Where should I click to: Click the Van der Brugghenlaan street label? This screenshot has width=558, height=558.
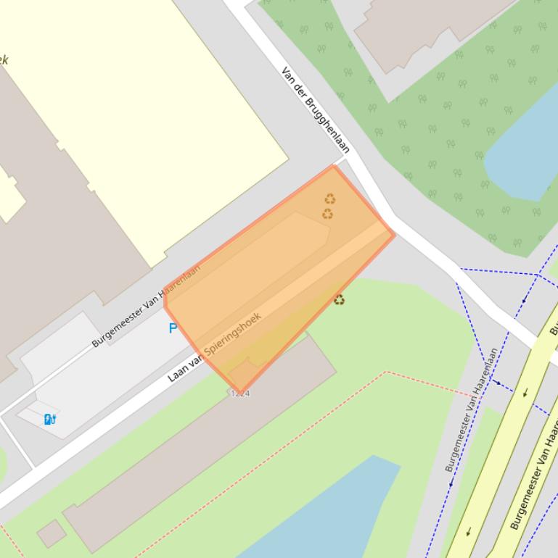[x=316, y=110]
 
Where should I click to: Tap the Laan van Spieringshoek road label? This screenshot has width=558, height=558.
[x=214, y=347]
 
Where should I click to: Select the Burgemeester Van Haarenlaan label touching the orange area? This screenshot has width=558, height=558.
[x=146, y=307]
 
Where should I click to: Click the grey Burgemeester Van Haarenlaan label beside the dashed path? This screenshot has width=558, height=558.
[x=472, y=410]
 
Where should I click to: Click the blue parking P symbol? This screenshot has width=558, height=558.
[x=173, y=328]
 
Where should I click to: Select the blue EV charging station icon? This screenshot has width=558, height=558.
[x=50, y=419]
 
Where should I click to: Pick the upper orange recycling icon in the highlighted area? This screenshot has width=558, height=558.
[x=330, y=199]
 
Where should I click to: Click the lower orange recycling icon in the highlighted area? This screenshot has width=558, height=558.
[x=328, y=214]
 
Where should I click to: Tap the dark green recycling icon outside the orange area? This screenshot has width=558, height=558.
[x=339, y=299]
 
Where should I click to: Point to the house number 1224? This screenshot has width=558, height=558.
[x=240, y=393]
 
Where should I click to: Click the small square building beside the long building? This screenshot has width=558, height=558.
[x=51, y=533]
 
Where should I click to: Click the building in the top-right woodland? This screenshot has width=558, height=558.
[x=428, y=29]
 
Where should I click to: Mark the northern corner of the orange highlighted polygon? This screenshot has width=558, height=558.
[x=333, y=166]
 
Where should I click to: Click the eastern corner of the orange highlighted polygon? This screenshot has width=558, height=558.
[x=394, y=234]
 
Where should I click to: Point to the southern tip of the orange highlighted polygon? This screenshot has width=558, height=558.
[x=240, y=391]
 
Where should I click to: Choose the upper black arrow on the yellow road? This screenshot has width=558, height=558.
[x=525, y=393]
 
